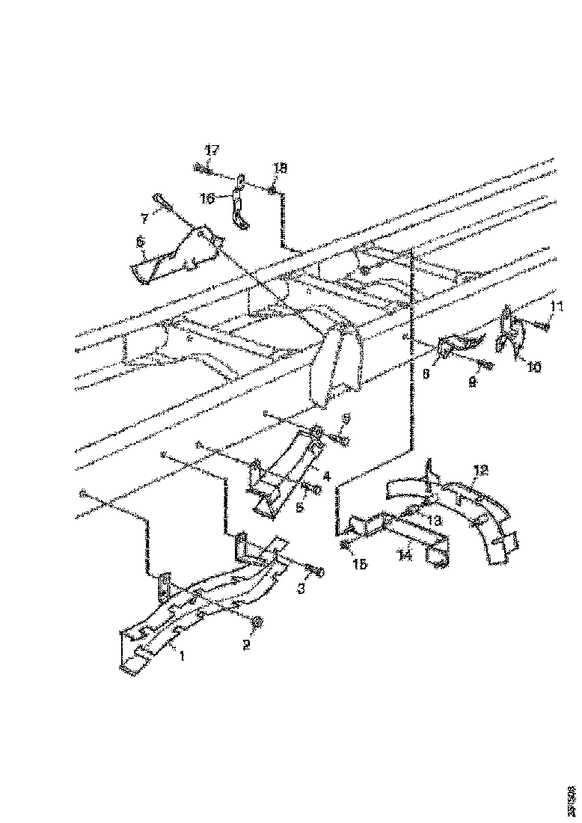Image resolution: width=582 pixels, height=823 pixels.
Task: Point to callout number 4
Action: (x=326, y=474)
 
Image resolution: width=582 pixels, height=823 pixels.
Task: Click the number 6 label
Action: (x=139, y=242)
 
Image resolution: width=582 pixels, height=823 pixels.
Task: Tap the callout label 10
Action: (x=534, y=368)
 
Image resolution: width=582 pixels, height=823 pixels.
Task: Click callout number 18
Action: (x=279, y=170)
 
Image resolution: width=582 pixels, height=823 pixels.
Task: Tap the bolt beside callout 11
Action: (x=540, y=325)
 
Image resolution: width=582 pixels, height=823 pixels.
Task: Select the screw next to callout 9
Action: (x=485, y=365)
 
